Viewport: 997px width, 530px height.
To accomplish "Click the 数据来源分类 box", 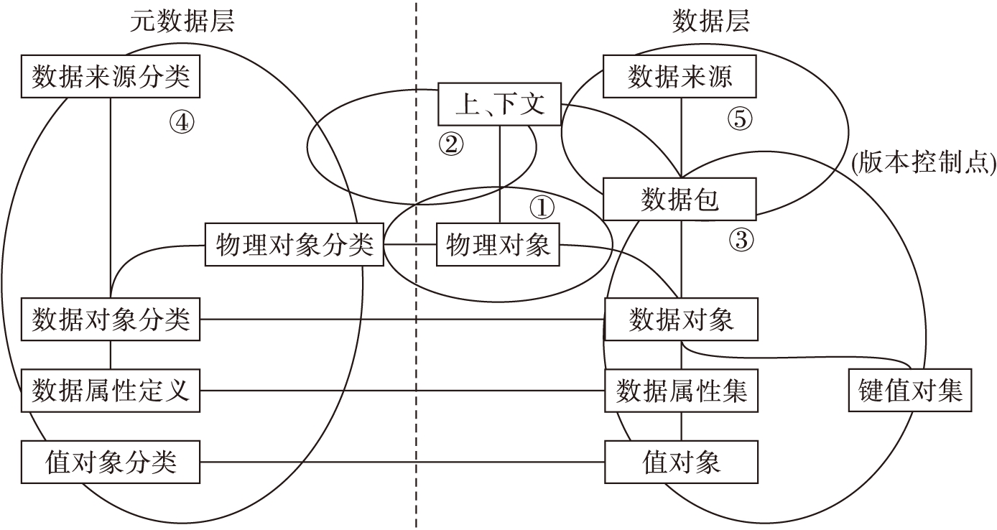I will pyautogui.click(x=111, y=77).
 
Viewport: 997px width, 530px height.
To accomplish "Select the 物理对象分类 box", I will pyautogui.click(x=295, y=246).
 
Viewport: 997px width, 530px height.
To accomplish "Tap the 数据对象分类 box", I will pyautogui.click(x=111, y=319).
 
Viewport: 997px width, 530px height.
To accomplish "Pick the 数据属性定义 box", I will pyautogui.click(x=111, y=391).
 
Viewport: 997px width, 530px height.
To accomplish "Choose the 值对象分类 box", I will pyautogui.click(x=111, y=462).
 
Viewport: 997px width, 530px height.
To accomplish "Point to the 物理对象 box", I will pyautogui.click(x=498, y=246).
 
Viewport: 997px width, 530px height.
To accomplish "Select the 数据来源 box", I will pyautogui.click(x=680, y=77).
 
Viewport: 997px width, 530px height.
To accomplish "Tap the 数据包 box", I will pyautogui.click(x=680, y=199).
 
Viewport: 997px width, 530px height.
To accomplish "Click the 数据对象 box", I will pyautogui.click(x=681, y=319).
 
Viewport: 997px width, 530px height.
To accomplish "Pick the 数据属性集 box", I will pyautogui.click(x=681, y=391).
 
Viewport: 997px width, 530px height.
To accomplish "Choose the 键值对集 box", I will pyautogui.click(x=910, y=391).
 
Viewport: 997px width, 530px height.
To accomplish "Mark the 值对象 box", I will pyautogui.click(x=681, y=462).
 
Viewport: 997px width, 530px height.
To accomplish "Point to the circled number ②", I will pyautogui.click(x=451, y=144).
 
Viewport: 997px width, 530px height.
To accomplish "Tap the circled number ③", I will pyautogui.click(x=741, y=240).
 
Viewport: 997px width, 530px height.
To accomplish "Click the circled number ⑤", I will pyautogui.click(x=739, y=119).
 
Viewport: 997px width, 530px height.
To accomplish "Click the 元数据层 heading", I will pyautogui.click(x=182, y=22).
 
